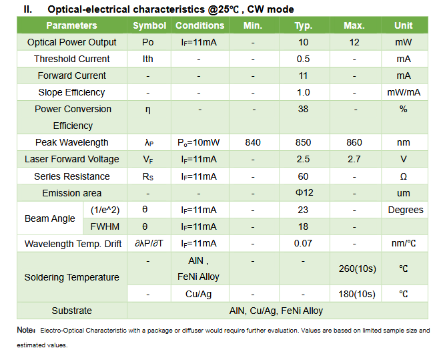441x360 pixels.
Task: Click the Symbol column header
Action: tap(149, 25)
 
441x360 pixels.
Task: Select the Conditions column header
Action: tap(199, 25)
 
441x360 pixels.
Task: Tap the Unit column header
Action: tap(403, 25)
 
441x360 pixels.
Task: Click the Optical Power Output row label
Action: tap(71, 42)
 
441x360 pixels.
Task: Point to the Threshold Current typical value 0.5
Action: tap(304, 59)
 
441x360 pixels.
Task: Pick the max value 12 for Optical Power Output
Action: tap(354, 42)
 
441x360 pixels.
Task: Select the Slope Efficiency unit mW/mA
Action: tap(403, 92)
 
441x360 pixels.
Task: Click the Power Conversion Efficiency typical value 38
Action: tap(304, 109)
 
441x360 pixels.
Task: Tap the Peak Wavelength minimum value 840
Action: tap(253, 142)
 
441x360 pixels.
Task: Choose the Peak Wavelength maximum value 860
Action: tap(354, 142)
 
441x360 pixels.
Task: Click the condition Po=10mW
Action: tap(199, 142)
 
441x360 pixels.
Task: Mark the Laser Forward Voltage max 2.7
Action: tap(354, 159)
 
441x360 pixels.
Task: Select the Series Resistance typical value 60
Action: tap(304, 176)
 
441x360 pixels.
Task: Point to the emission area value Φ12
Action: tap(304, 193)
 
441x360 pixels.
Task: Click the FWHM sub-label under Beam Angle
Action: tap(105, 226)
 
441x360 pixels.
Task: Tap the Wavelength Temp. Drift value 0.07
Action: tap(304, 244)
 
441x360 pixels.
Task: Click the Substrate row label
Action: tap(71, 311)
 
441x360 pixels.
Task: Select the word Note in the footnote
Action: tap(25, 331)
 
